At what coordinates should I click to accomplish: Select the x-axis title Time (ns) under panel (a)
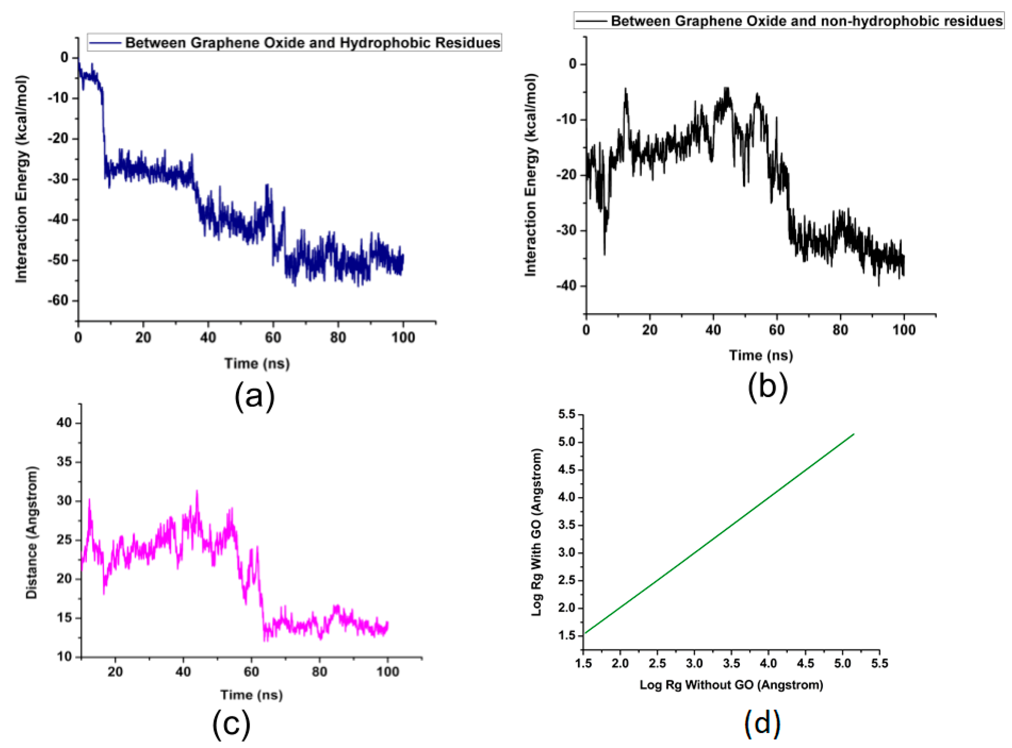point(257,363)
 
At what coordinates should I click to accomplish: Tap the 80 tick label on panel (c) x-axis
point(319,672)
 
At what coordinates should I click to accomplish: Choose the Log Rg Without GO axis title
point(731,685)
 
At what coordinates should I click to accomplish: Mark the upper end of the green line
point(854,434)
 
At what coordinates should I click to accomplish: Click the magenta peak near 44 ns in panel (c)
point(197,491)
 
